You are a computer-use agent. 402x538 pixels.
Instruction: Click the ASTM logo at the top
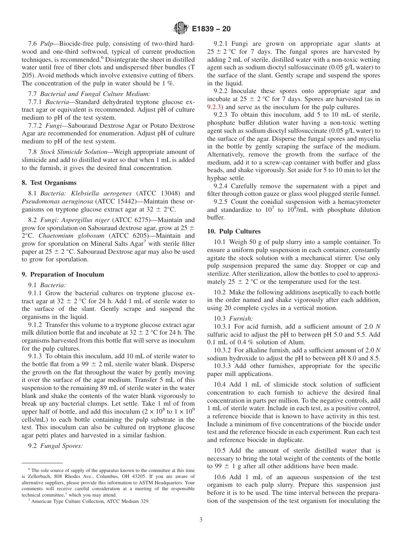pos(181,29)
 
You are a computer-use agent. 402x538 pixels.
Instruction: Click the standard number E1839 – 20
pos(211,29)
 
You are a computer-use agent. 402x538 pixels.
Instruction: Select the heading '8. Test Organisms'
pos(49,183)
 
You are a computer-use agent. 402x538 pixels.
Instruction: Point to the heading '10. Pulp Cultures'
pos(234,231)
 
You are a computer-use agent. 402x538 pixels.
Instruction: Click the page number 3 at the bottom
pos(201,520)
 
